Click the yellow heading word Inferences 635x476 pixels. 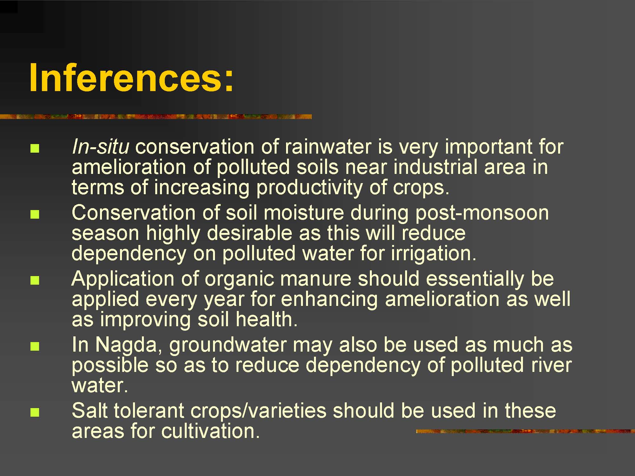pyautogui.click(x=131, y=77)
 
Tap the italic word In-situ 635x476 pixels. pyautogui.click(x=101, y=147)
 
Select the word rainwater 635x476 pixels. pyautogui.click(x=328, y=147)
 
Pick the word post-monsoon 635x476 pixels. pyautogui.click(x=482, y=214)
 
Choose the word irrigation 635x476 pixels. pyautogui.click(x=434, y=254)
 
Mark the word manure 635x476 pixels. pyautogui.click(x=316, y=280)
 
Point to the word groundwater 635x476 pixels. pyautogui.click(x=228, y=346)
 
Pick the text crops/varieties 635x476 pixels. pyautogui.click(x=258, y=411)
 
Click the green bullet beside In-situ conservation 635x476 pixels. pyautogui.click(x=35, y=149)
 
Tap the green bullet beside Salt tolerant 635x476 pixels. pyautogui.click(x=35, y=412)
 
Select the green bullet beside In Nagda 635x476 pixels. pyautogui.click(x=35, y=347)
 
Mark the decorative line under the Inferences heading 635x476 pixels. pyautogui.click(x=156, y=116)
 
